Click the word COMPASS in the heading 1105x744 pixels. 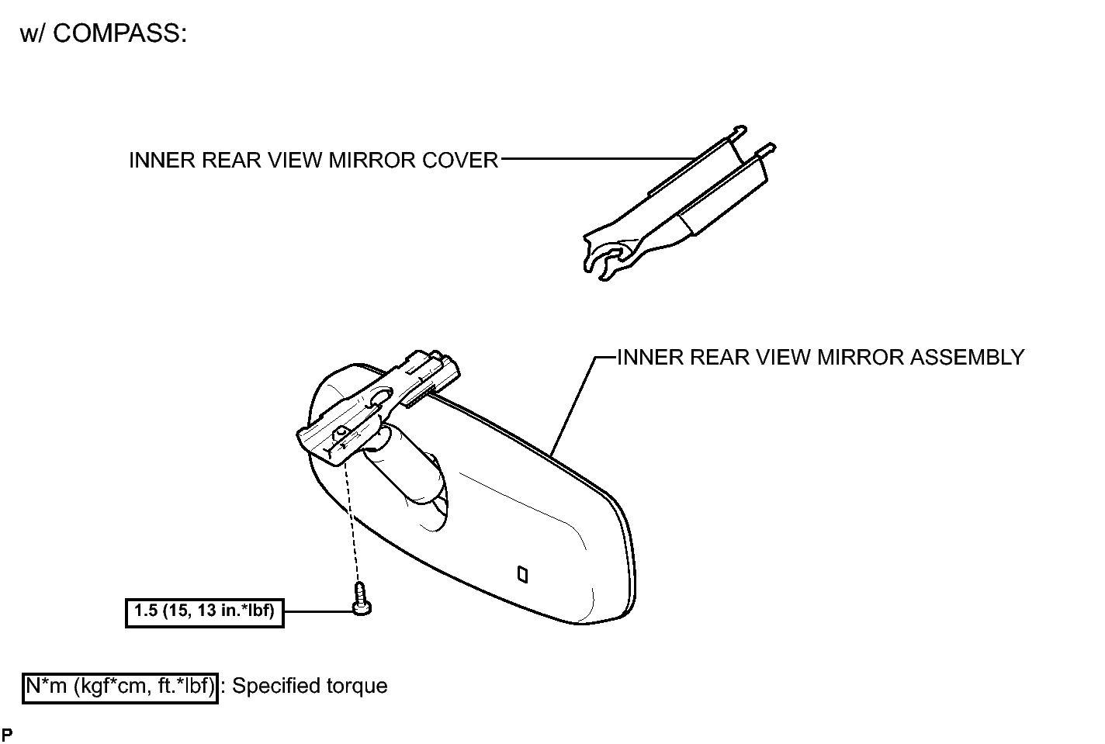120,34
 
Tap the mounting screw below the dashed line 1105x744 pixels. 362,599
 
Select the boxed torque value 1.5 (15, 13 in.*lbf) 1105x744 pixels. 204,613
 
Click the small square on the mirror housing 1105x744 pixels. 522,575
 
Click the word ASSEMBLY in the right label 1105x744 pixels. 967,358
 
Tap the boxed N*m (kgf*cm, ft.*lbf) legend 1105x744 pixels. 120,687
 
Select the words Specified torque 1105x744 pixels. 310,687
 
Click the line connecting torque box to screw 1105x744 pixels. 319,611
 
